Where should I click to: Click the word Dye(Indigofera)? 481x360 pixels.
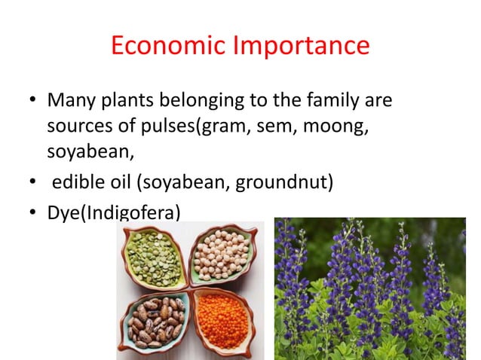[x=114, y=213]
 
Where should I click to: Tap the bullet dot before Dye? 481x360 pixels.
[x=32, y=213]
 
